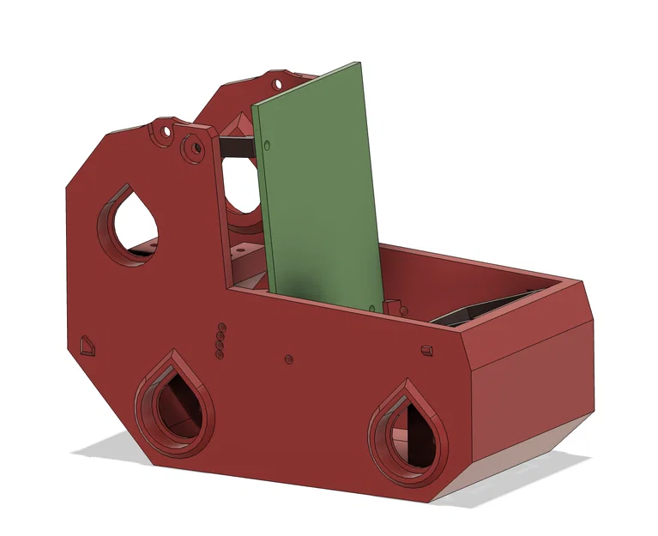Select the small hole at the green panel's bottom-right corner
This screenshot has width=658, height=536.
pos(371,304)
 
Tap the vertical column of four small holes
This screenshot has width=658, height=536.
pos(220,340)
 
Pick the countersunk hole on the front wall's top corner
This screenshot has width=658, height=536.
pos(196,148)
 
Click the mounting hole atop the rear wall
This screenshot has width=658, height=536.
pos(277,85)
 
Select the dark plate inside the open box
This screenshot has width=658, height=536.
pos(480,310)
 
